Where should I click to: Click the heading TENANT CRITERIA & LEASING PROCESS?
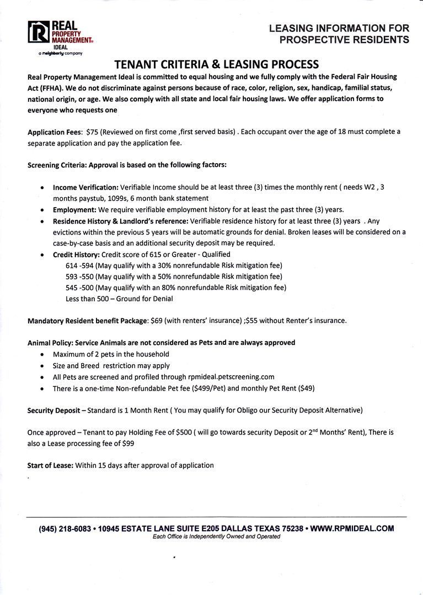point(216,64)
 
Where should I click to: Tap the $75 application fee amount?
point(92,132)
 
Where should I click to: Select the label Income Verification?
point(85,187)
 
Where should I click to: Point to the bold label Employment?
point(74,209)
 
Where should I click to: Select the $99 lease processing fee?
point(126,443)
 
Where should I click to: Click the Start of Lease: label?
point(50,466)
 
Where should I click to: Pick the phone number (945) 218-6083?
point(65,528)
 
